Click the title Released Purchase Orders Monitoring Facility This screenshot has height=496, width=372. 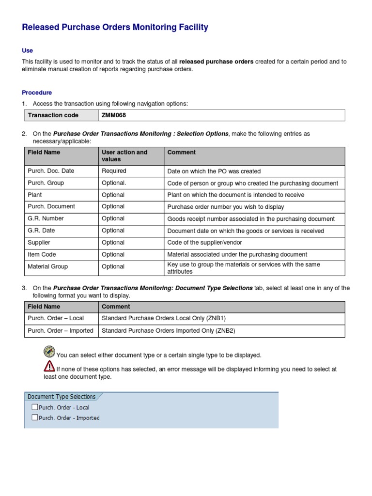tap(115, 28)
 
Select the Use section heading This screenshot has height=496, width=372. tap(27, 50)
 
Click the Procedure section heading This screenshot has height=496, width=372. tap(37, 93)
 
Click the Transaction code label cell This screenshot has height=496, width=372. tap(53, 115)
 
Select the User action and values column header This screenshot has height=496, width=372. tap(124, 155)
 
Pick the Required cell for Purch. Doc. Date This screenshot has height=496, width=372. tap(114, 171)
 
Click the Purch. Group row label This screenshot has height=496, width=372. tap(46, 183)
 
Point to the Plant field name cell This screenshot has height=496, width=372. tap(35, 195)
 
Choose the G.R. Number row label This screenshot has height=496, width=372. tap(46, 218)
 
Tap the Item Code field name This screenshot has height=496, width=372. tap(42, 254)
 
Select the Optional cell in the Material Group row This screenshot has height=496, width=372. tap(113, 266)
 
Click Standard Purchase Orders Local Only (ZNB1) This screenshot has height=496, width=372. tap(164, 318)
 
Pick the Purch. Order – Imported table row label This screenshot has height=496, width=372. tap(60, 330)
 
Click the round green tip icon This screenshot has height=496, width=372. tap(49, 351)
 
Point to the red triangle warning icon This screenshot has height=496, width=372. tap(49, 366)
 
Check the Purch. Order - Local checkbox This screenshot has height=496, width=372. tap(34, 407)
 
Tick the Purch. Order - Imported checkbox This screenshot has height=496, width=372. tap(34, 418)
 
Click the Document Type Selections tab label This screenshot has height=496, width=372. tap(62, 397)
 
